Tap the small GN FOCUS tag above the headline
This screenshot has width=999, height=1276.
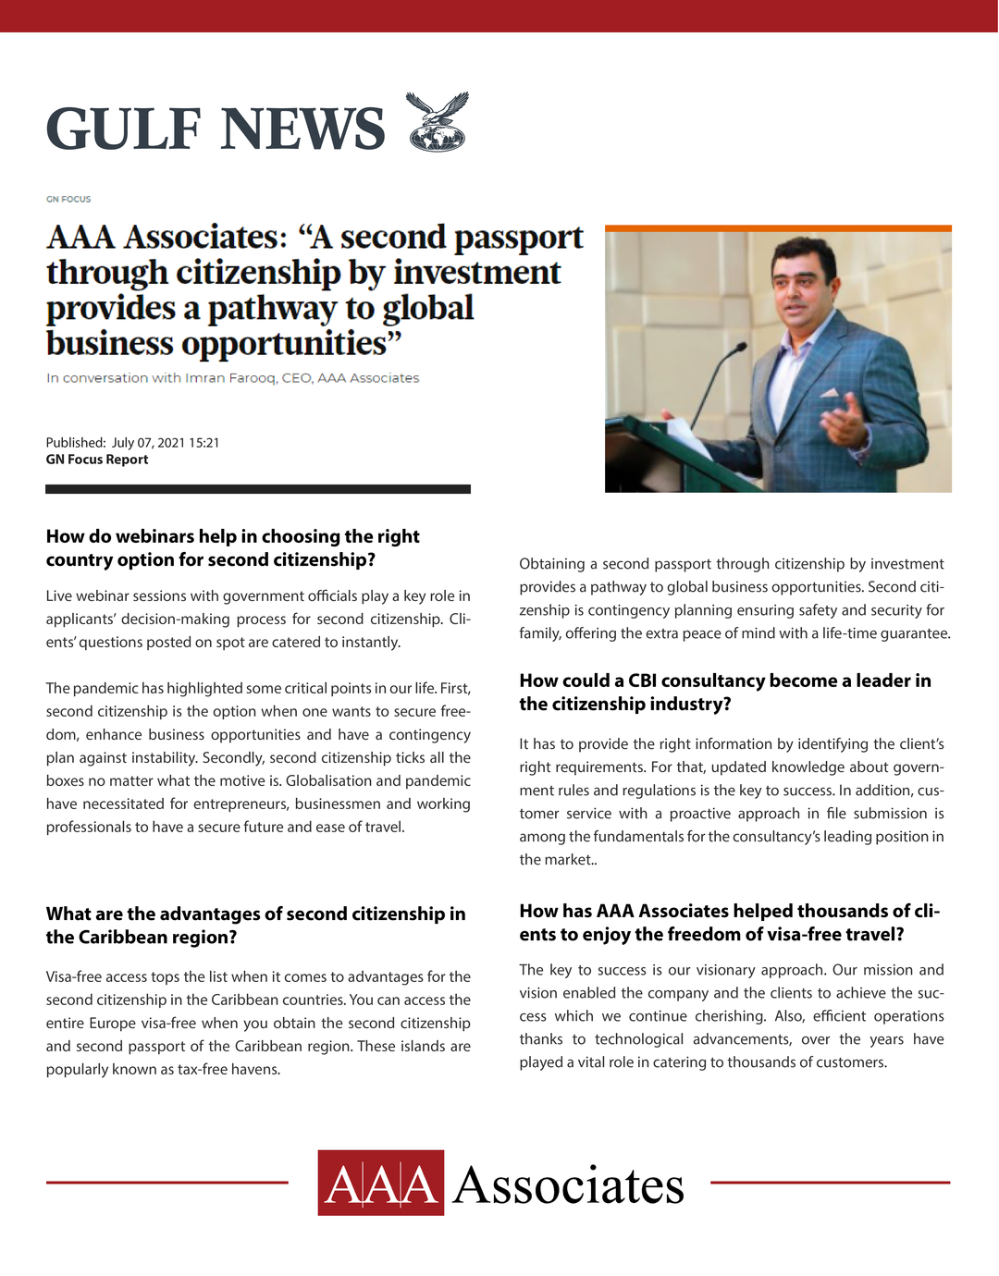point(68,199)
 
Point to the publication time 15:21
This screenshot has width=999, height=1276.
point(204,443)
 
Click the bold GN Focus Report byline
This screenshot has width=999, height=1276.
point(97,460)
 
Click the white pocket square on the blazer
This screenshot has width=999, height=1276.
point(829,393)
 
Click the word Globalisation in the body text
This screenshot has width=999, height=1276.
point(329,781)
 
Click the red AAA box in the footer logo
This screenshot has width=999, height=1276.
point(380,1183)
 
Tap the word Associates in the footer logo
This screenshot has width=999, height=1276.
point(568,1185)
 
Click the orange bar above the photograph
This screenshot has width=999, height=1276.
point(778,228)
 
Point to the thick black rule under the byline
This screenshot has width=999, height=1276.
point(258,489)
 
